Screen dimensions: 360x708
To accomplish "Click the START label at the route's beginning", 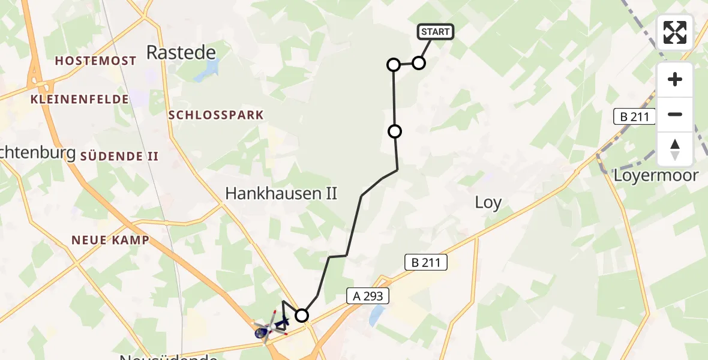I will [436, 32].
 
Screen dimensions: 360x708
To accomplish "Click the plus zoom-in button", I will [675, 79].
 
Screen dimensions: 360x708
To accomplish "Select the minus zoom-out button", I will [675, 114].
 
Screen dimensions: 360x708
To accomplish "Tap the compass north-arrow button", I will [675, 149].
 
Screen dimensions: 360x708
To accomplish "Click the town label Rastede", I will [181, 53].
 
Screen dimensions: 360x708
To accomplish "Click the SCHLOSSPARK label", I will [216, 115].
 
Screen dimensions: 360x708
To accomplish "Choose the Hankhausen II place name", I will [281, 193].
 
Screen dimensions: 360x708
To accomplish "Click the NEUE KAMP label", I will [110, 240].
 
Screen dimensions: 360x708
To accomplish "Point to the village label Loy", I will [488, 203].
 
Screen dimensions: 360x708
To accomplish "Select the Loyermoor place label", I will [656, 175].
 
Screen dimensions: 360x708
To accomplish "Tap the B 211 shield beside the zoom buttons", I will [635, 116].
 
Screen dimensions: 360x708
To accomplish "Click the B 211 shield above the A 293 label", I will [426, 262].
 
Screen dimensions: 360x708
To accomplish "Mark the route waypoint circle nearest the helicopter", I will [302, 315].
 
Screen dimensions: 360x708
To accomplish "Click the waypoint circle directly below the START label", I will [419, 62].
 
